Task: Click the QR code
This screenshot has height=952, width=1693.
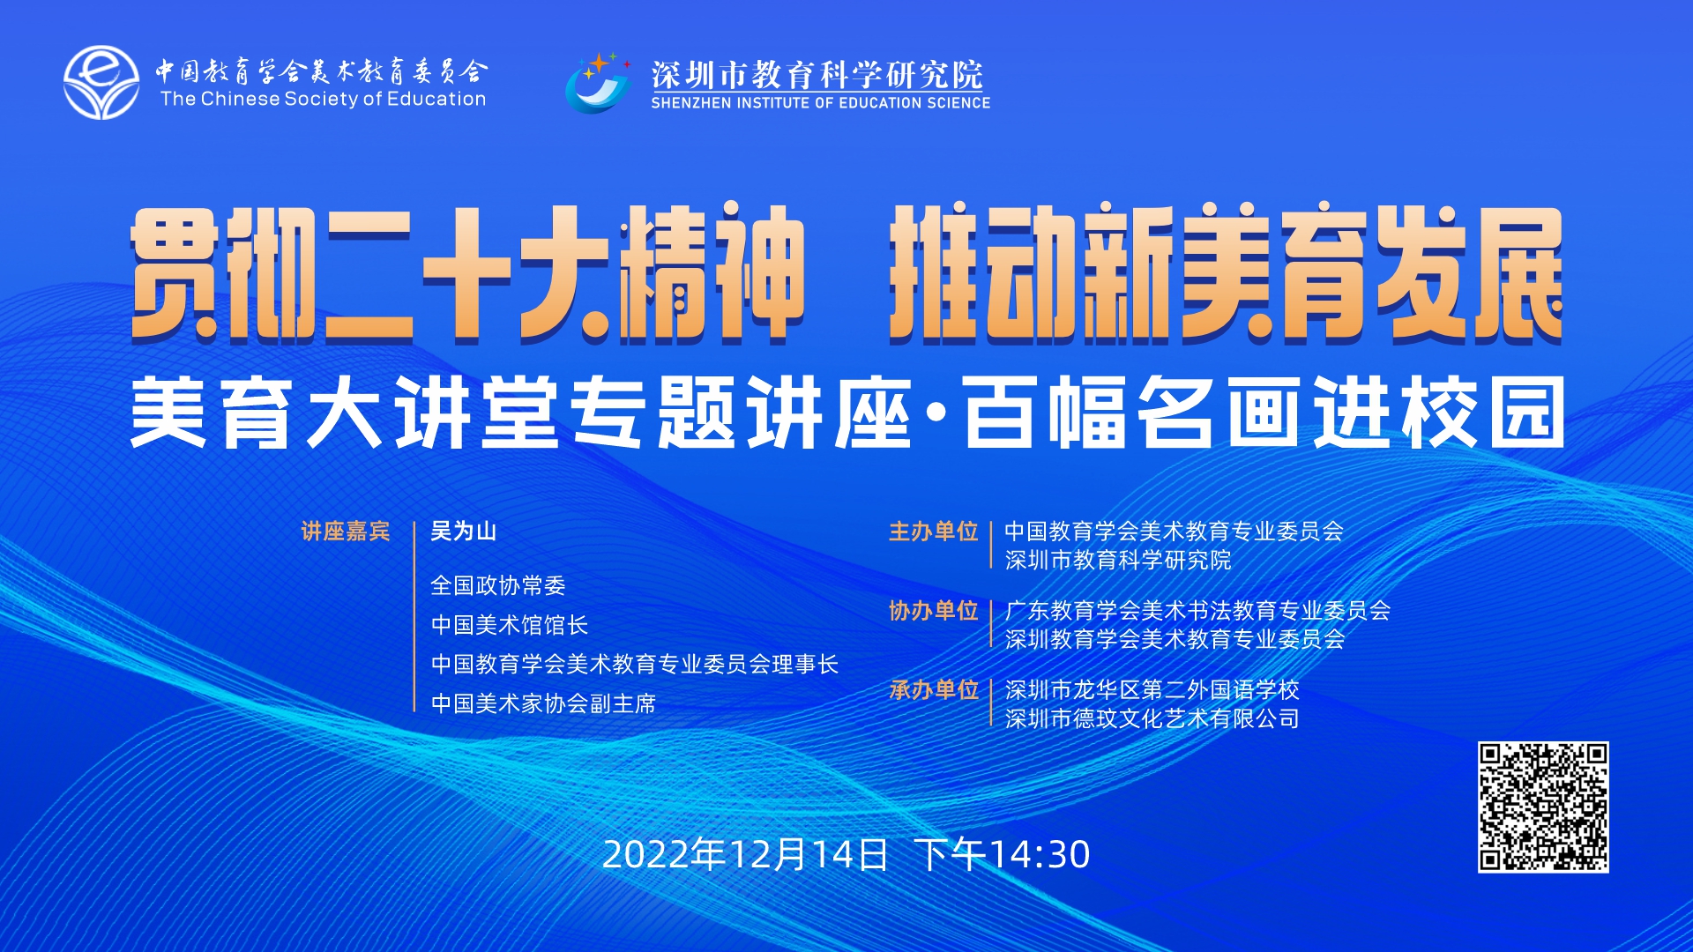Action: [1543, 807]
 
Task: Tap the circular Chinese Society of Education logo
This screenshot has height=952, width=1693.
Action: [101, 83]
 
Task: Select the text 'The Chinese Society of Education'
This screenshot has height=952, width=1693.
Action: [323, 99]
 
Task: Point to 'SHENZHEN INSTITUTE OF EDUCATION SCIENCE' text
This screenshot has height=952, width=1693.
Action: [821, 103]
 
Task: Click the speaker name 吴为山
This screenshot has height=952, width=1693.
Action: [463, 532]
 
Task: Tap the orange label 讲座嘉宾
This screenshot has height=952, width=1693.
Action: [346, 532]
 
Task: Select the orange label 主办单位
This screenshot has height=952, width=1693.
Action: [934, 532]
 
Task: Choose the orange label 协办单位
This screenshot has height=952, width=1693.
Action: [934, 611]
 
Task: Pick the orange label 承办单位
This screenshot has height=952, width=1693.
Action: [934, 690]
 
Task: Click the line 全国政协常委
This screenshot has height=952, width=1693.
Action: [498, 585]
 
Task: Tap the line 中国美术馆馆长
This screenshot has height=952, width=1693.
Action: [510, 625]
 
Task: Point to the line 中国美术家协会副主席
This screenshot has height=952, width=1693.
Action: [543, 703]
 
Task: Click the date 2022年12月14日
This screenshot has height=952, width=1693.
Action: [745, 855]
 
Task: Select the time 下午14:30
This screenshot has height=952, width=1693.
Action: [1003, 855]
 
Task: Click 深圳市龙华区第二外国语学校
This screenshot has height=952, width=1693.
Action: [1152, 690]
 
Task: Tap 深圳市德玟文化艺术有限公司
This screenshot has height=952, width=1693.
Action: [1152, 718]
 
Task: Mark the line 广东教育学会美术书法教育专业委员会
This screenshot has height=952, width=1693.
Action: [1197, 611]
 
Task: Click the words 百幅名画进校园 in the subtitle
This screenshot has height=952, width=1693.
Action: [1264, 413]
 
